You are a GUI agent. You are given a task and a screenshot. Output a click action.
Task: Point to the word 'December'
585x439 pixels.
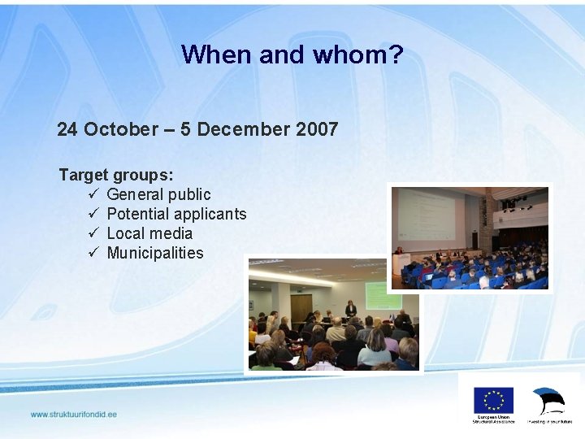tap(237, 129)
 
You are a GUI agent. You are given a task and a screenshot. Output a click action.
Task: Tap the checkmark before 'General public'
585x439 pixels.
tap(93, 194)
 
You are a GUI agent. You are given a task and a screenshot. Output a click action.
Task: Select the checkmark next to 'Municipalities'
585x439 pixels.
tap(93, 253)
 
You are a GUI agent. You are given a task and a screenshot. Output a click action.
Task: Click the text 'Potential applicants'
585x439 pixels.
tap(176, 214)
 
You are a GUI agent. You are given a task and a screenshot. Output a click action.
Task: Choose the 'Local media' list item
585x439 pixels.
tap(149, 233)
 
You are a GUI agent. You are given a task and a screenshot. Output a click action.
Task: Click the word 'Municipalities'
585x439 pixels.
tap(155, 253)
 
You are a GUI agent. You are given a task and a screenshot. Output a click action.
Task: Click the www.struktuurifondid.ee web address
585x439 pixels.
tap(74, 415)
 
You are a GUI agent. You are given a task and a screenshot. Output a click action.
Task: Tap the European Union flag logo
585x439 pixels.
tap(493, 400)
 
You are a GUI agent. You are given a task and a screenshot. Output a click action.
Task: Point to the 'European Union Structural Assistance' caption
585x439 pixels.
tap(493, 420)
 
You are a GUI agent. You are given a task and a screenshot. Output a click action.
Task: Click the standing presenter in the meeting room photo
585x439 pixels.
tap(351, 310)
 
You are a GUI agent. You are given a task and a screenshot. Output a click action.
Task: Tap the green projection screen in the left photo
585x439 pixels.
tap(383, 295)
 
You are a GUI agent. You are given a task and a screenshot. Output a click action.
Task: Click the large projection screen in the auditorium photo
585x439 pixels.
tap(426, 219)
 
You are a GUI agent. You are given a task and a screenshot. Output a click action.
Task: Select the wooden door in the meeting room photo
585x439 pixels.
tap(301, 308)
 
